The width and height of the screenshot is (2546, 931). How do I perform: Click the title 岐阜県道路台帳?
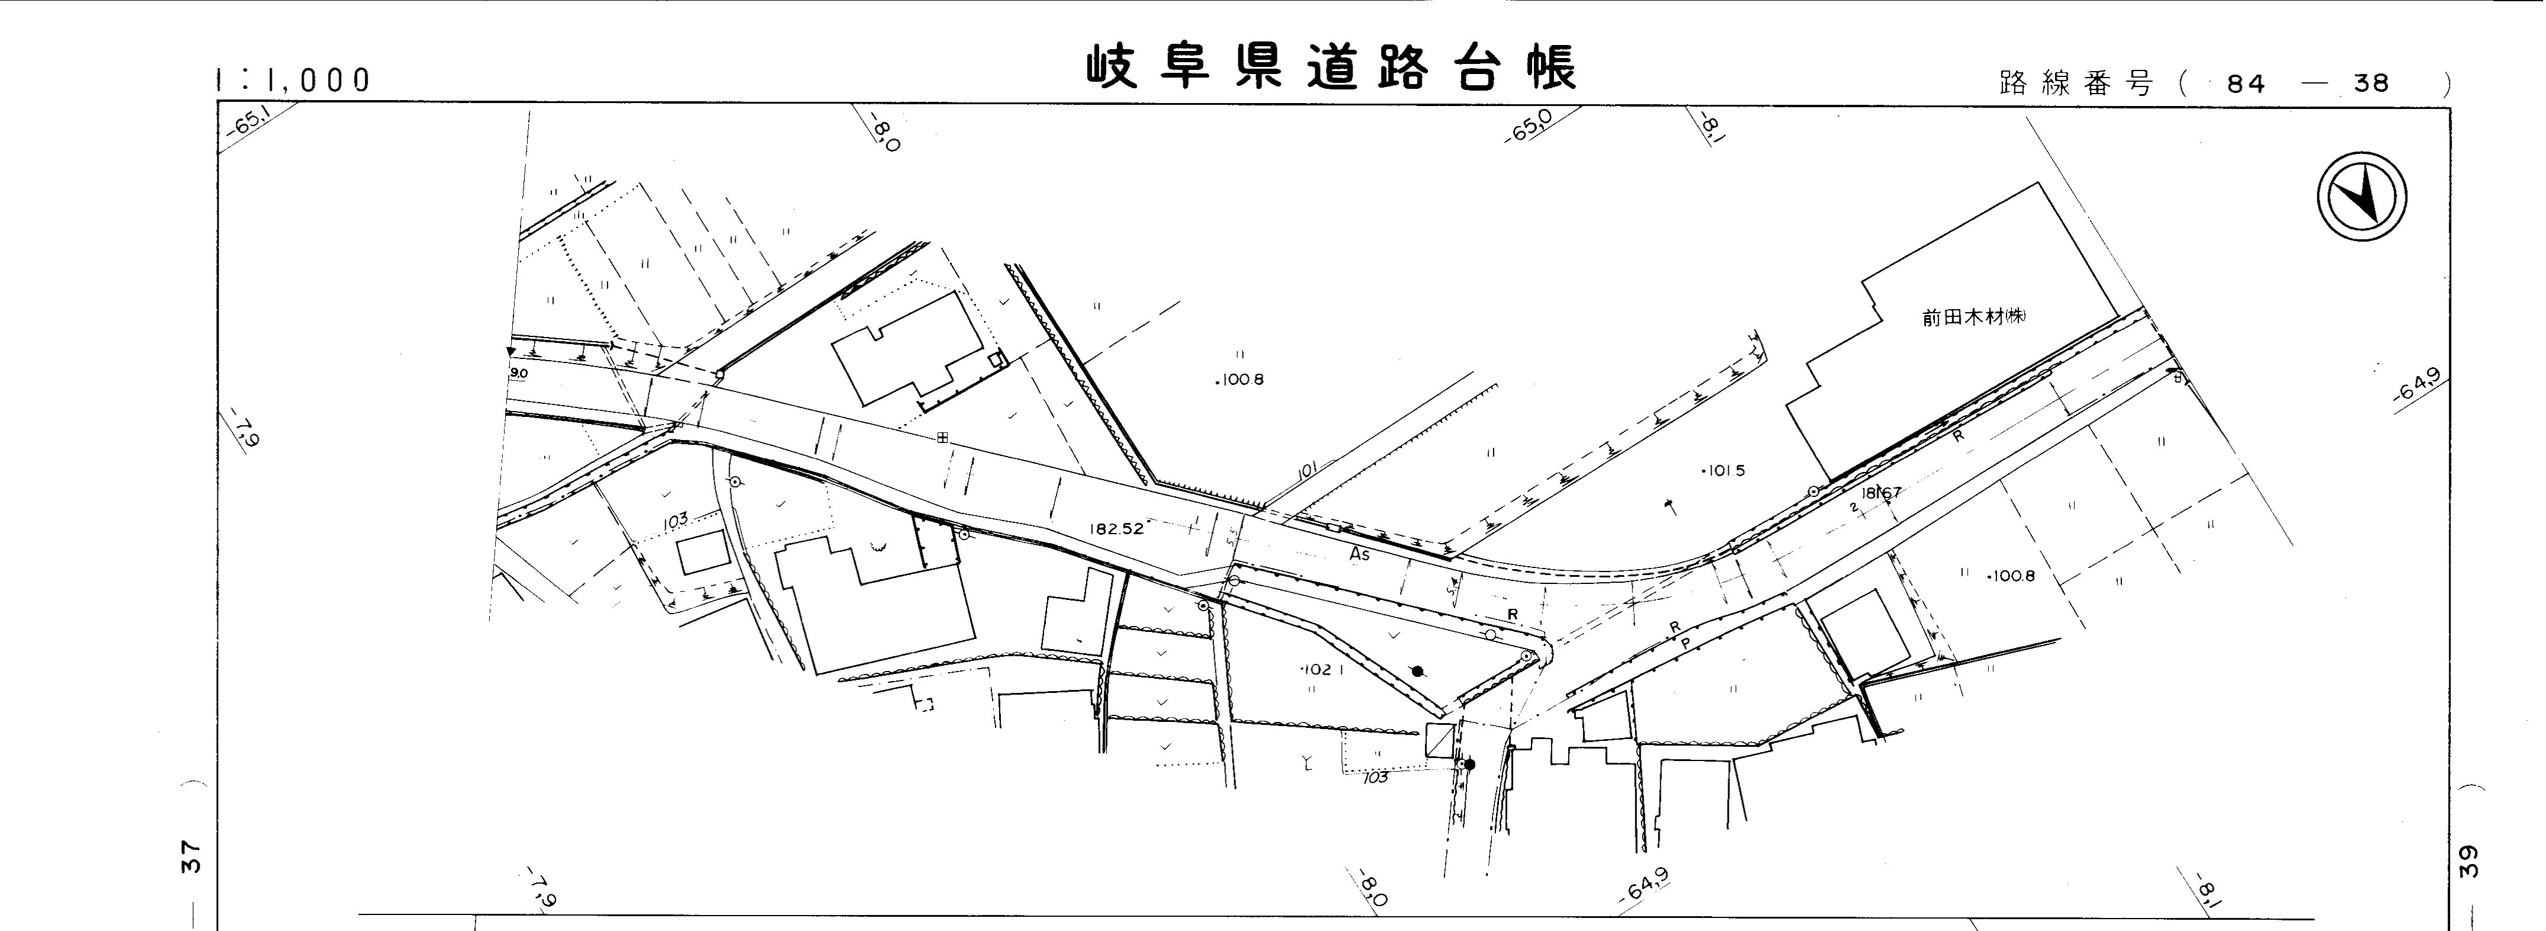click(1331, 68)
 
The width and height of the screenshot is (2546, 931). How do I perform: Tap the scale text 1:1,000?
click(293, 80)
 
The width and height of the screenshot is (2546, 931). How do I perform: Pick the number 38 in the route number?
click(2371, 84)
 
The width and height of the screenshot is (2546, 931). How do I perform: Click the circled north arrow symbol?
click(2361, 198)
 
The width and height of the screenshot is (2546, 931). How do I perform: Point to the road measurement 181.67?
click(1881, 492)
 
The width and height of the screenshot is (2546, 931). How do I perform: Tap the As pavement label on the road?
click(1360, 556)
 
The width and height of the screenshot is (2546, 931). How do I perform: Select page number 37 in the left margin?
click(192, 856)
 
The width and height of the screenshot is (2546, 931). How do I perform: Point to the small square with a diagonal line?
click(1440, 740)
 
